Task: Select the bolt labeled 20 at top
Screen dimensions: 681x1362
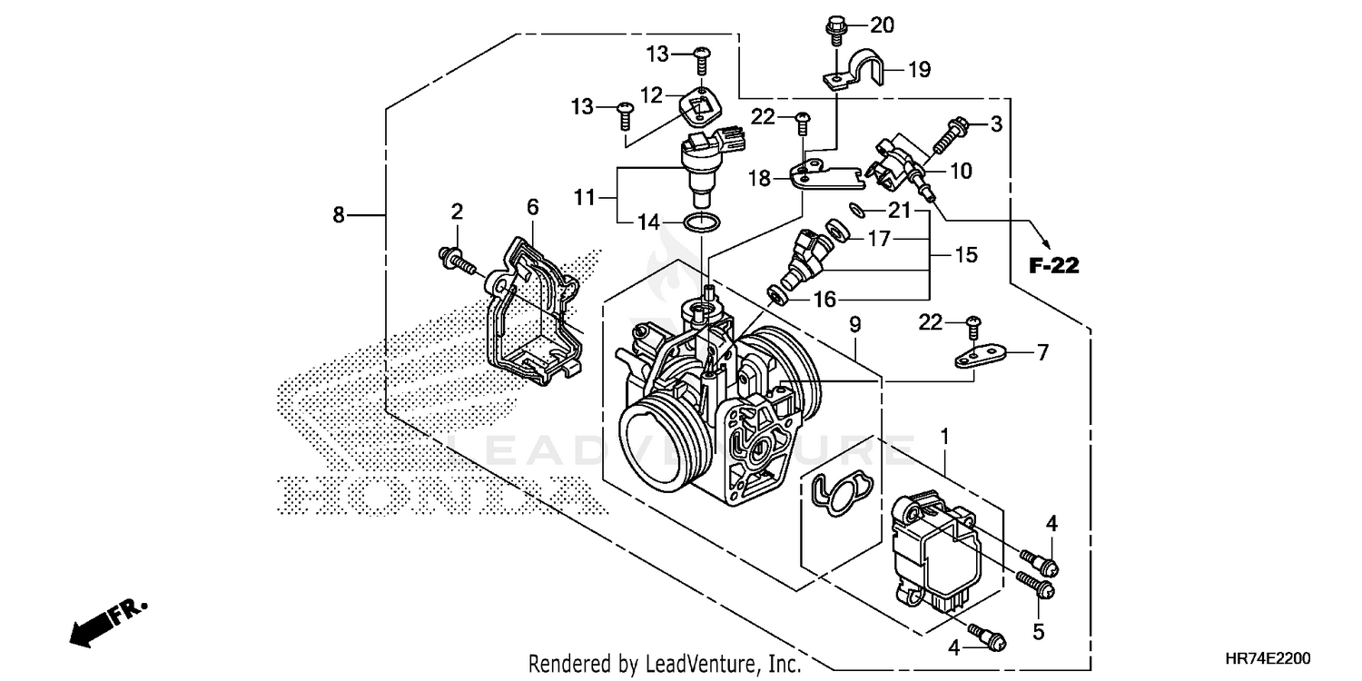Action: [x=833, y=29]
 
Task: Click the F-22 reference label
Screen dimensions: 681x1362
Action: [x=1053, y=266]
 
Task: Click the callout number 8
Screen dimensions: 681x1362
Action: [x=338, y=215]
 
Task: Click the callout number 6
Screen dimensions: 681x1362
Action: [x=532, y=209]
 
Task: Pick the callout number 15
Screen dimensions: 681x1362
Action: [x=965, y=256]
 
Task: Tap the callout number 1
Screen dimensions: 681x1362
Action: [x=944, y=438]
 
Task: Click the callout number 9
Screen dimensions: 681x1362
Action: [x=854, y=324]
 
